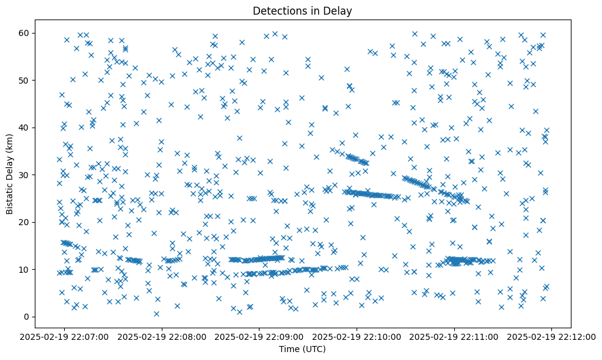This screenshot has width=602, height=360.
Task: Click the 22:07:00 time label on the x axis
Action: (65, 336)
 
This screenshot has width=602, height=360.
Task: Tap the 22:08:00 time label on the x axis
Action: (162, 336)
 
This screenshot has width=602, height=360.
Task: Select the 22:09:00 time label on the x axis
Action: (259, 336)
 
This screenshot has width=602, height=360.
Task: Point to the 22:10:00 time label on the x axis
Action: (357, 336)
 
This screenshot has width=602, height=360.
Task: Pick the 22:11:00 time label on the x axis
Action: (454, 336)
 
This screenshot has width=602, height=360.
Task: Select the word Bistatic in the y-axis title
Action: (10, 194)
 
